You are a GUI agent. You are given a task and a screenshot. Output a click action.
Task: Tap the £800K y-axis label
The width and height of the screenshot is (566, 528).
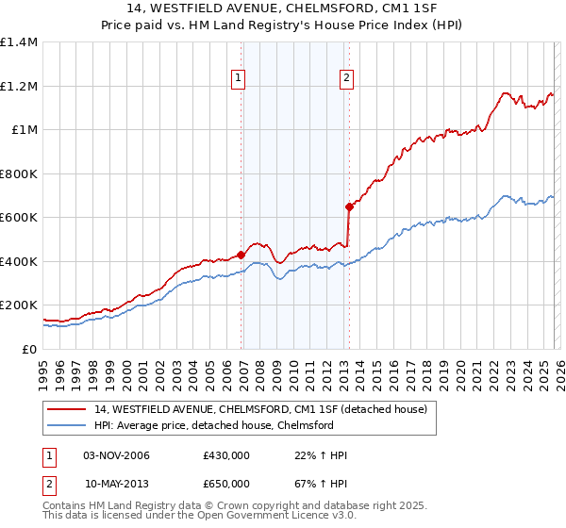19,173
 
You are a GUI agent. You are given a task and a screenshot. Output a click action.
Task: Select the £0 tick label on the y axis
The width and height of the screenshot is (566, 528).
30,349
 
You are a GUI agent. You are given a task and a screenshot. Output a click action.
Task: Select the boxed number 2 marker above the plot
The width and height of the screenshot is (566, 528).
347,78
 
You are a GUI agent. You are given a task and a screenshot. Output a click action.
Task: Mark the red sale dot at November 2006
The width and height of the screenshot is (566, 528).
241,255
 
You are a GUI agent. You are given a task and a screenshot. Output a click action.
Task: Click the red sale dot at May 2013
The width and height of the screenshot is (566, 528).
349,206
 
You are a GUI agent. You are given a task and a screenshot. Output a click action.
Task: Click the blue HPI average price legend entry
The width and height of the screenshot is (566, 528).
214,425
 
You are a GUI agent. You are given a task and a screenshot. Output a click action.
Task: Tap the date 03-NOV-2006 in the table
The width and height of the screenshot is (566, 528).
116,455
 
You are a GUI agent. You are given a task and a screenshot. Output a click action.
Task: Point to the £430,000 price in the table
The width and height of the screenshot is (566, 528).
226,455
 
